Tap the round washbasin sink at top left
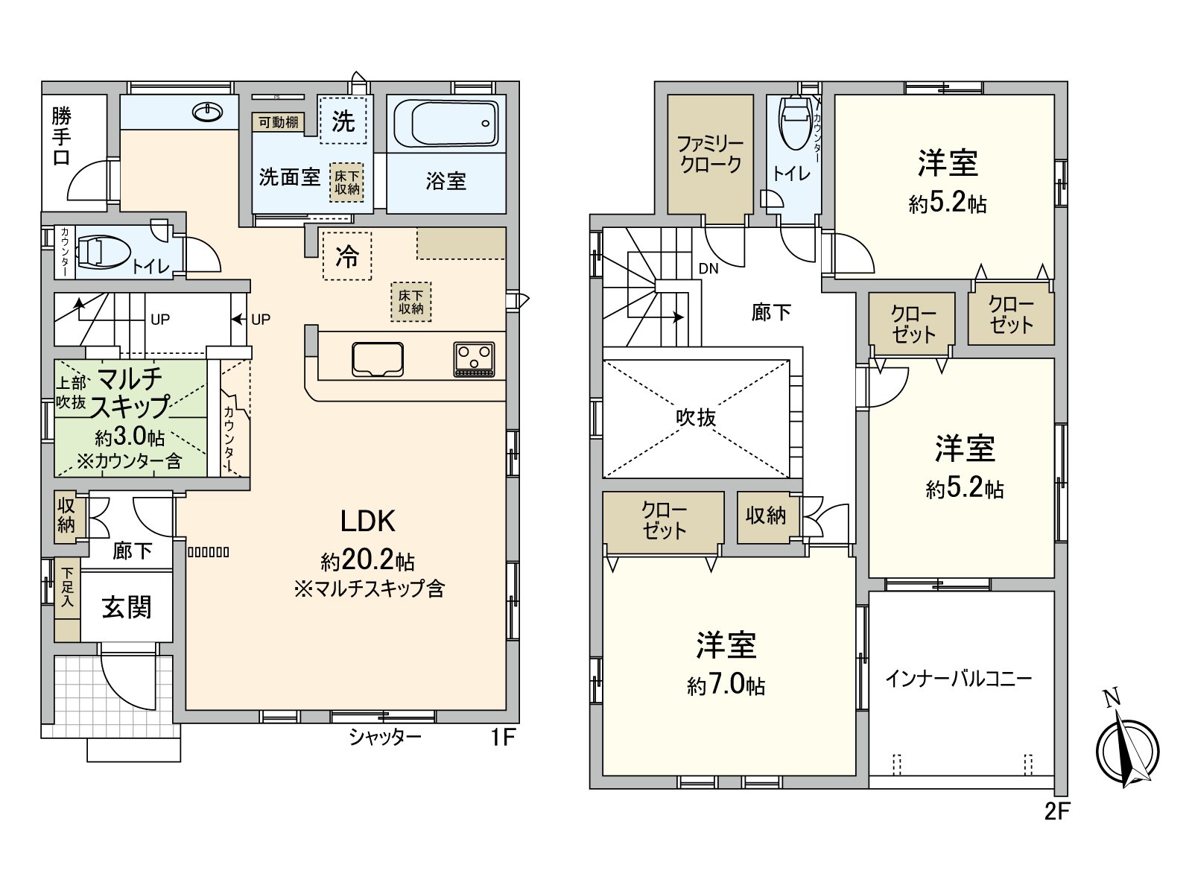pyautogui.click(x=207, y=112)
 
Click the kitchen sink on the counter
pyautogui.click(x=378, y=358)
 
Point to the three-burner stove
pyautogui.click(x=474, y=358)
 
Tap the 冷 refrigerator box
pyautogui.click(x=347, y=256)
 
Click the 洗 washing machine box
pyautogui.click(x=343, y=119)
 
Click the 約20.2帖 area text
pyautogui.click(x=367, y=560)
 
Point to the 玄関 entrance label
pyautogui.click(x=127, y=607)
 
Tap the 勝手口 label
pyautogui.click(x=62, y=136)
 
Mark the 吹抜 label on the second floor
pyautogui.click(x=696, y=417)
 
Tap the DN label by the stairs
pyautogui.click(x=708, y=268)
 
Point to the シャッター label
pyautogui.click(x=385, y=738)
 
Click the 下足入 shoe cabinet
pyautogui.click(x=67, y=600)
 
